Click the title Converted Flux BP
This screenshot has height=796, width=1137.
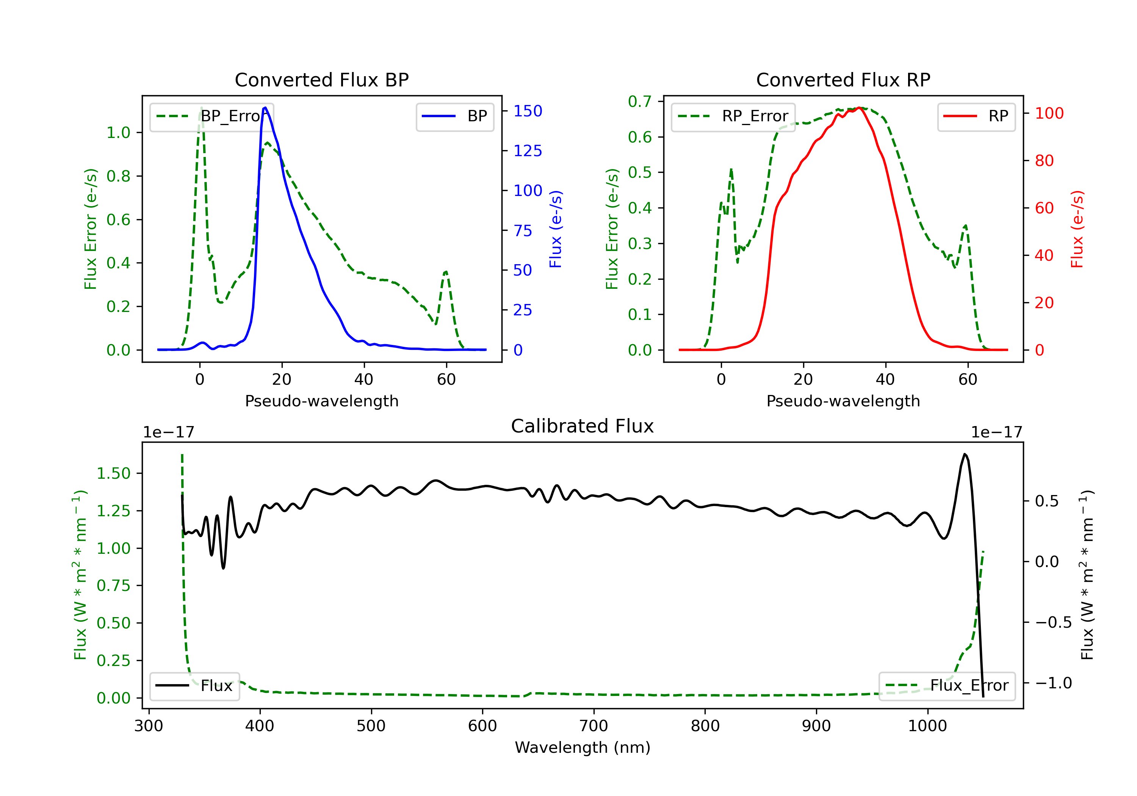click(321, 80)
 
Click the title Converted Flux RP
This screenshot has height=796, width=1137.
click(843, 80)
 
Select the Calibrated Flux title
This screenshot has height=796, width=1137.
click(583, 426)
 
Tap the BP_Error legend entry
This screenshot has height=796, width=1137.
click(211, 116)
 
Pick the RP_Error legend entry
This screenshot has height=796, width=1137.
click(733, 116)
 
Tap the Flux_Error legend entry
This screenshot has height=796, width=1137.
click(947, 686)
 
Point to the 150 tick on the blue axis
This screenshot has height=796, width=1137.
click(528, 111)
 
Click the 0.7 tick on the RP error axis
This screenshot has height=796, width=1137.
click(639, 102)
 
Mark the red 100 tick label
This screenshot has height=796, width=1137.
click(1049, 113)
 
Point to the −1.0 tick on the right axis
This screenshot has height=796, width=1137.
click(1053, 683)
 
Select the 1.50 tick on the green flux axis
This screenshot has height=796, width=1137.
click(113, 473)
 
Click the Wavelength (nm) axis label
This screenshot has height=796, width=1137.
click(583, 747)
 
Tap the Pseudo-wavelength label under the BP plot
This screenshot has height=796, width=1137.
click(321, 401)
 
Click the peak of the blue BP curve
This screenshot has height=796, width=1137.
click(265, 108)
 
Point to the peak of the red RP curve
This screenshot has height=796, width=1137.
click(859, 108)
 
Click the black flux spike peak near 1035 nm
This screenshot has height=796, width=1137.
click(965, 454)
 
